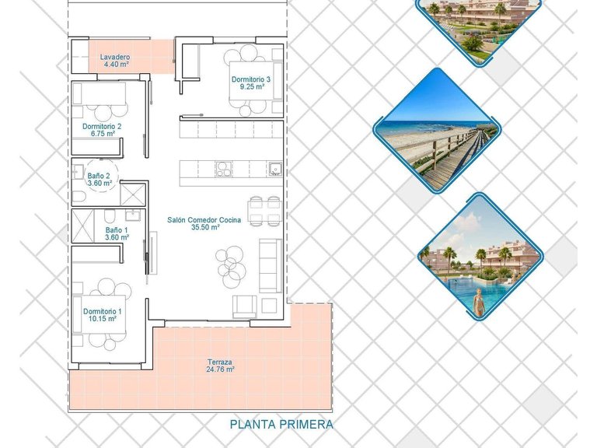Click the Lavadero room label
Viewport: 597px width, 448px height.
[x=115, y=58]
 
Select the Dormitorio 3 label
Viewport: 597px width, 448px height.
[x=250, y=79]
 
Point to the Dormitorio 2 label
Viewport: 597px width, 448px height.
[x=102, y=126]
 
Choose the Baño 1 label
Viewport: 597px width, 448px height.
[x=114, y=230]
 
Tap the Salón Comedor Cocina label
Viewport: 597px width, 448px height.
[x=204, y=220]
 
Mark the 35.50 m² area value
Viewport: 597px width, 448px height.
[x=204, y=228]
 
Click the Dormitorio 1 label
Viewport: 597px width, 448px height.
[x=102, y=311]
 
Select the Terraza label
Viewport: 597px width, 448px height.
[x=219, y=362]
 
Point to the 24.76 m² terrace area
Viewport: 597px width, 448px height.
[x=219, y=369]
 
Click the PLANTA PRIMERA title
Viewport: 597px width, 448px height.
[x=281, y=424]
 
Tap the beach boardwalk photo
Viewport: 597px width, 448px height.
[x=435, y=131]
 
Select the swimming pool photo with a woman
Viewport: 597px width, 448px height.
[x=480, y=258]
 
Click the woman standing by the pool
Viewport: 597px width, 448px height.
[x=479, y=301]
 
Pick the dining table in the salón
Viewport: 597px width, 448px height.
[x=264, y=210]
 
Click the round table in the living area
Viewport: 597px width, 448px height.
[x=230, y=262]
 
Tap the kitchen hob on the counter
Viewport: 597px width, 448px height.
[x=223, y=168]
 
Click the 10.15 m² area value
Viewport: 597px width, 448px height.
[x=102, y=319]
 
